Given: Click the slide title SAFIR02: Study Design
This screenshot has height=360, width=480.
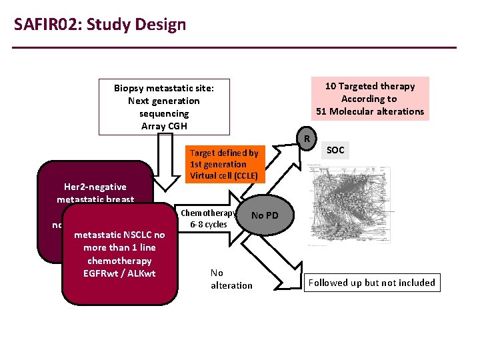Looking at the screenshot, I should coord(100,25).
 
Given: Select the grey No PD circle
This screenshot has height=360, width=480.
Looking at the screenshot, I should coord(265,216).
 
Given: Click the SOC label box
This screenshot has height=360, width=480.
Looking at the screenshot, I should coord(336,151).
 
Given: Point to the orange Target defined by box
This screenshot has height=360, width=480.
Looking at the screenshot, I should coord(224,164).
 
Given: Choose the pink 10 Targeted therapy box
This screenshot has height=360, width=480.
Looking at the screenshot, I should coord(370,99).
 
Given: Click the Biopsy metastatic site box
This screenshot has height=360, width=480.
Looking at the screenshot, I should coord(164,107).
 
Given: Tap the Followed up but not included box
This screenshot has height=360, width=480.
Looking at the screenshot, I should coord(372,283).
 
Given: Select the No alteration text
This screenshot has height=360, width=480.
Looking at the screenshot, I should coord(231,279).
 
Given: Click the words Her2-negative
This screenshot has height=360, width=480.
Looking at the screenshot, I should coord(95,187).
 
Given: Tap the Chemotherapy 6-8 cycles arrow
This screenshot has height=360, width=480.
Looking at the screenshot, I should coord(209,218).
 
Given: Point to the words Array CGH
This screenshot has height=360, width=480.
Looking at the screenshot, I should coord(164,126).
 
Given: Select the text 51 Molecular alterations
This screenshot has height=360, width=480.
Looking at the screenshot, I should coord(370,111).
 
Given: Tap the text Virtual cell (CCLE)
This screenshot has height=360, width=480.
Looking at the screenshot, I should coord(224,176).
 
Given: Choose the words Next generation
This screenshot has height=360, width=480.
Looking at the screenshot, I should coord(164,101).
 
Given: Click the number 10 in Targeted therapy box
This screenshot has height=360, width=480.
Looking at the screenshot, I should coord(330,86).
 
